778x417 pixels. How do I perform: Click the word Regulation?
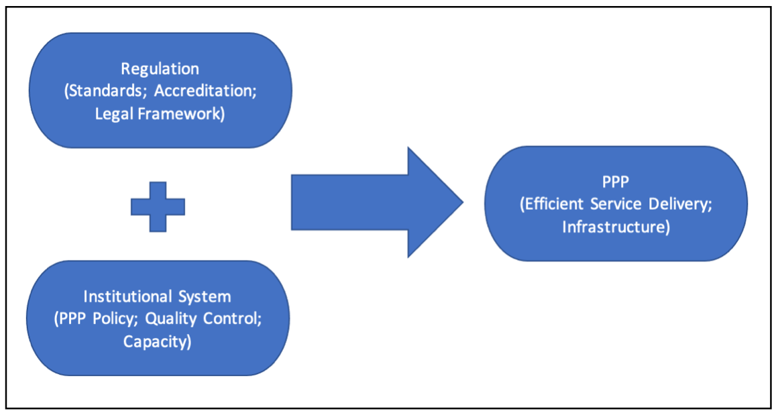click(160, 69)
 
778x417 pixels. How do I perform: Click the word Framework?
click(178, 114)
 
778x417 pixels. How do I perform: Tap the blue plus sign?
click(158, 206)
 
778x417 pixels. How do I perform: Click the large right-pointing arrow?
click(377, 202)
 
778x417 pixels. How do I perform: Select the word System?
click(205, 296)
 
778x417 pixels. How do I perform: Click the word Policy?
click(115, 318)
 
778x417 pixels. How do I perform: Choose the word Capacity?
click(155, 342)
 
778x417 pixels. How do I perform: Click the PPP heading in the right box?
click(616, 182)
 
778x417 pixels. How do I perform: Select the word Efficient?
click(555, 204)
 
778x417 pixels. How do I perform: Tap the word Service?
click(616, 204)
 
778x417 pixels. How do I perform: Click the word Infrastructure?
click(613, 227)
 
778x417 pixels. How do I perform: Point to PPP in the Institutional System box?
click(72, 318)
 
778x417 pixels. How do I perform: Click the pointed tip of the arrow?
click(463, 202)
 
